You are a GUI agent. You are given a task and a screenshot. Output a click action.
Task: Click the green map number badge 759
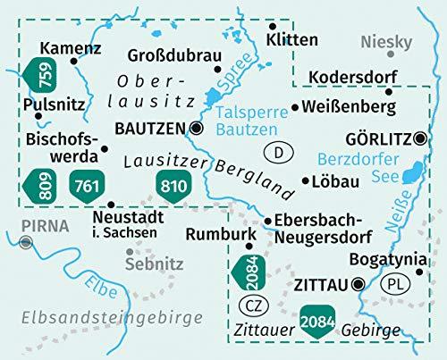[x=42, y=77]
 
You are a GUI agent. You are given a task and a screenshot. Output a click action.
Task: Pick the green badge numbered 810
[x=173, y=184]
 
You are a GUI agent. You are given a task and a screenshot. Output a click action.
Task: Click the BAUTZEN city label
[x=151, y=129]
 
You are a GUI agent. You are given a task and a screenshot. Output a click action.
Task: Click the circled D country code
[x=278, y=153]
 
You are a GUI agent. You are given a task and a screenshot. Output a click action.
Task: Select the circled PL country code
[x=393, y=285]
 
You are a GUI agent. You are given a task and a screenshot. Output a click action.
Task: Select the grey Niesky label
[x=387, y=42]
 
